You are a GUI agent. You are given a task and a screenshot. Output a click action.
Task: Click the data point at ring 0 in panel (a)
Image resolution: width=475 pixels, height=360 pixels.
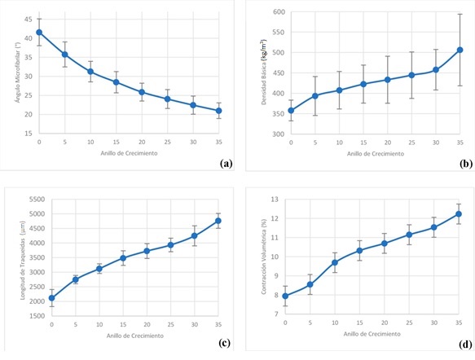[x=39, y=33]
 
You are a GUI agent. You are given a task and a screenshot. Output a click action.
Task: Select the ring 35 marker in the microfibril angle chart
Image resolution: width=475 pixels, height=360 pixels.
[x=219, y=111]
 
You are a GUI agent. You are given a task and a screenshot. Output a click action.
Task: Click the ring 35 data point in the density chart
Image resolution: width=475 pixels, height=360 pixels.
[x=460, y=50]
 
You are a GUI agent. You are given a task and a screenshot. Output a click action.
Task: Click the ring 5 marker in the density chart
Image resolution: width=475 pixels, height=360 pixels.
[x=315, y=96]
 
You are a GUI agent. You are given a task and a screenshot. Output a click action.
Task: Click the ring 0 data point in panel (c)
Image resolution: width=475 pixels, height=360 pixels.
[x=51, y=298]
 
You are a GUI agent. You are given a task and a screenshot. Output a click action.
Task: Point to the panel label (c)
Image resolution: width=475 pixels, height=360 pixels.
[x=226, y=341]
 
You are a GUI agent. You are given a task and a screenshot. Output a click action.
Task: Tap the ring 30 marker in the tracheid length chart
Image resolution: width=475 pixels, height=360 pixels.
[x=194, y=235]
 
